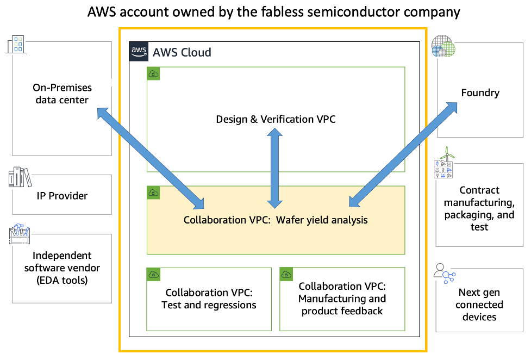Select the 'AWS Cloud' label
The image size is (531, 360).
[182, 53]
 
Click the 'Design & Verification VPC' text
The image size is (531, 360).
[276, 119]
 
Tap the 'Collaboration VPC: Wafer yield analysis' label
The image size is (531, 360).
[276, 220]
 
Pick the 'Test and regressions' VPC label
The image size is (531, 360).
[209, 299]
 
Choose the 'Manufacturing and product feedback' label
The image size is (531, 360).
[342, 299]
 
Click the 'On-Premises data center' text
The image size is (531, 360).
[62, 94]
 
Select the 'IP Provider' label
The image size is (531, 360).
[62, 196]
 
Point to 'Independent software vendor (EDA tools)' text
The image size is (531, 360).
[62, 268]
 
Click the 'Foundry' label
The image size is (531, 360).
[480, 93]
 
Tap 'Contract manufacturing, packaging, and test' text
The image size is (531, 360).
[479, 208]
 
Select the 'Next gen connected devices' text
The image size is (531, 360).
[479, 305]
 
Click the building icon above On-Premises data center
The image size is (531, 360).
[15, 45]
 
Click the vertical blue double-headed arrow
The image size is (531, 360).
[275, 168]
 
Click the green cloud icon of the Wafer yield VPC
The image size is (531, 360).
[154, 193]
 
